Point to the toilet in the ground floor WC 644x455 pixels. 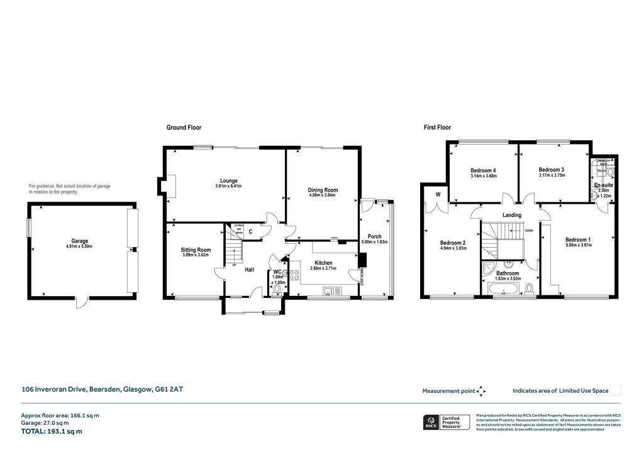[274, 288]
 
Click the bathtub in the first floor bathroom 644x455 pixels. [504, 289]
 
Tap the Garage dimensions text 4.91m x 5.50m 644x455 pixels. [79, 248]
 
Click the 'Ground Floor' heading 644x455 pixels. [184, 128]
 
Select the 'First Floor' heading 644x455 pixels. [437, 128]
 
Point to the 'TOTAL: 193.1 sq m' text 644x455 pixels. [52, 432]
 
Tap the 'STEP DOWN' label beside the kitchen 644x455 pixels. [362, 277]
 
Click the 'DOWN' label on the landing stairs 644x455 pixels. [528, 230]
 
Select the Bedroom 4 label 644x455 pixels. [483, 170]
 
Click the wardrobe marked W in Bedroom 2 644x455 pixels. [436, 194]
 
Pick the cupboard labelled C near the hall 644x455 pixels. [250, 231]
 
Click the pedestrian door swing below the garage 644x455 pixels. [78, 303]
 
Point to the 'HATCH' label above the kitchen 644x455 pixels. [335, 239]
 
